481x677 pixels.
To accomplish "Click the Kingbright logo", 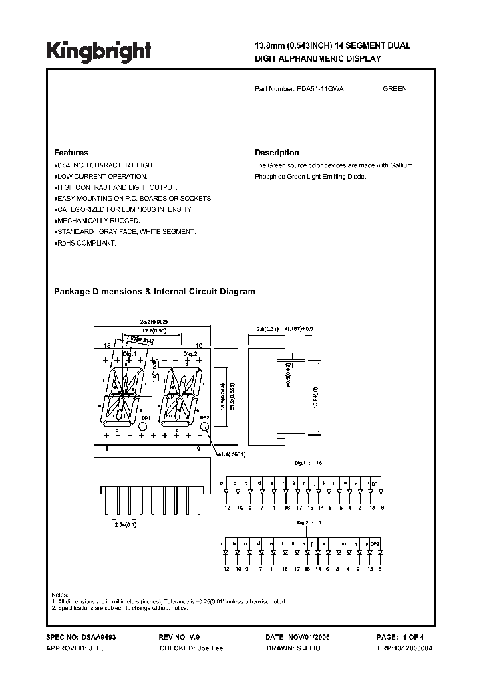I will point(98,50).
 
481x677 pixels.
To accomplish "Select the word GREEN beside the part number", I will point(395,89).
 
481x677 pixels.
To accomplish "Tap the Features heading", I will point(70,153).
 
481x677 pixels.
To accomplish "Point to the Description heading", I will point(277,153).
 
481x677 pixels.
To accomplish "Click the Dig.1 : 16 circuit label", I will point(309,462).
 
